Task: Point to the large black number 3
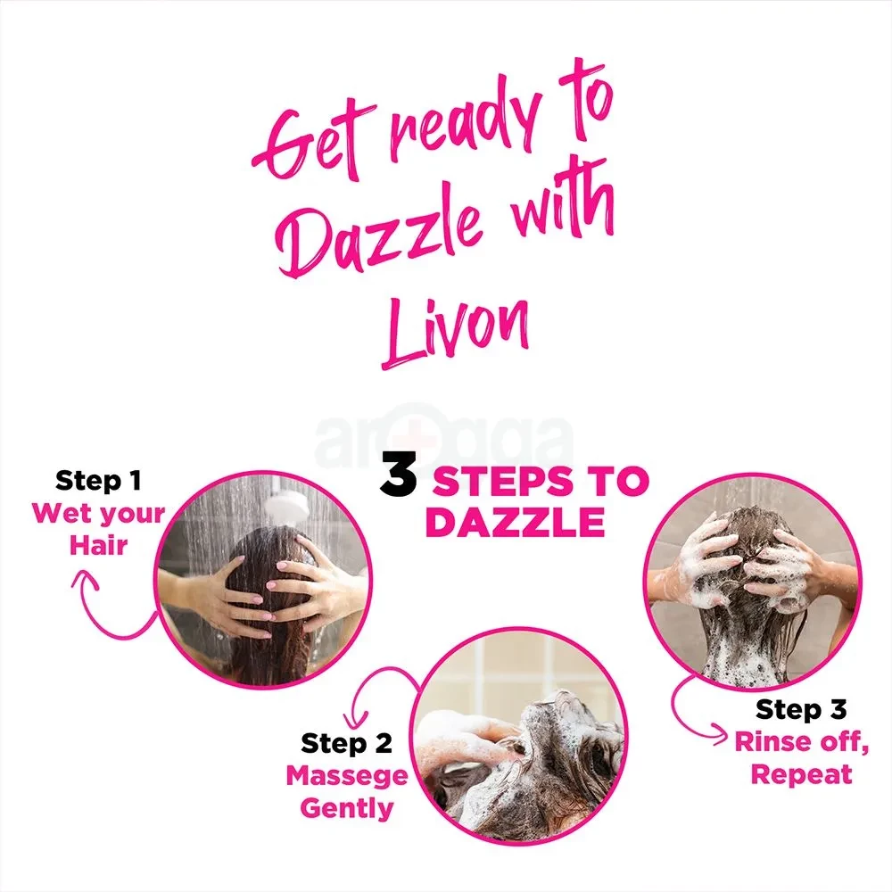click(x=398, y=474)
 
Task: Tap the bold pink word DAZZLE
click(x=515, y=522)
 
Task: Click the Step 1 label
click(x=98, y=481)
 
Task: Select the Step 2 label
click(x=346, y=744)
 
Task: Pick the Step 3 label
click(x=801, y=709)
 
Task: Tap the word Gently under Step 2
click(x=347, y=808)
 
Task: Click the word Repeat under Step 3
click(x=802, y=774)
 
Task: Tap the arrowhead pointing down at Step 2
click(x=355, y=720)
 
